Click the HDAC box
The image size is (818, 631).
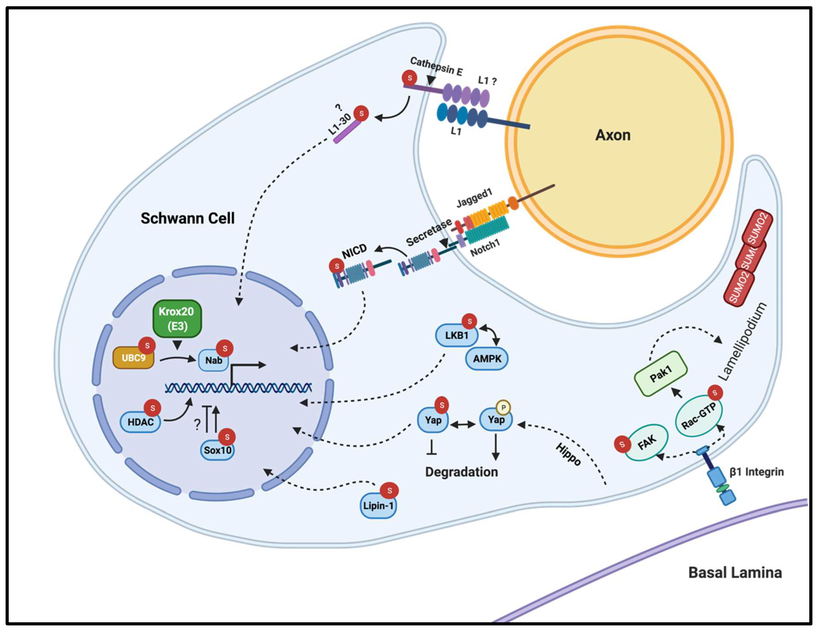click(x=141, y=422)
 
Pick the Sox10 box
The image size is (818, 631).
click(x=217, y=450)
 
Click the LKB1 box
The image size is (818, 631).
click(x=456, y=335)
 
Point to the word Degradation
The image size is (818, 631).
click(x=461, y=472)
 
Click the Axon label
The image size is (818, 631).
click(x=613, y=135)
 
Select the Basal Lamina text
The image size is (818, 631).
click(x=735, y=572)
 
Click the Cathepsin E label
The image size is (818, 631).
click(x=436, y=67)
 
